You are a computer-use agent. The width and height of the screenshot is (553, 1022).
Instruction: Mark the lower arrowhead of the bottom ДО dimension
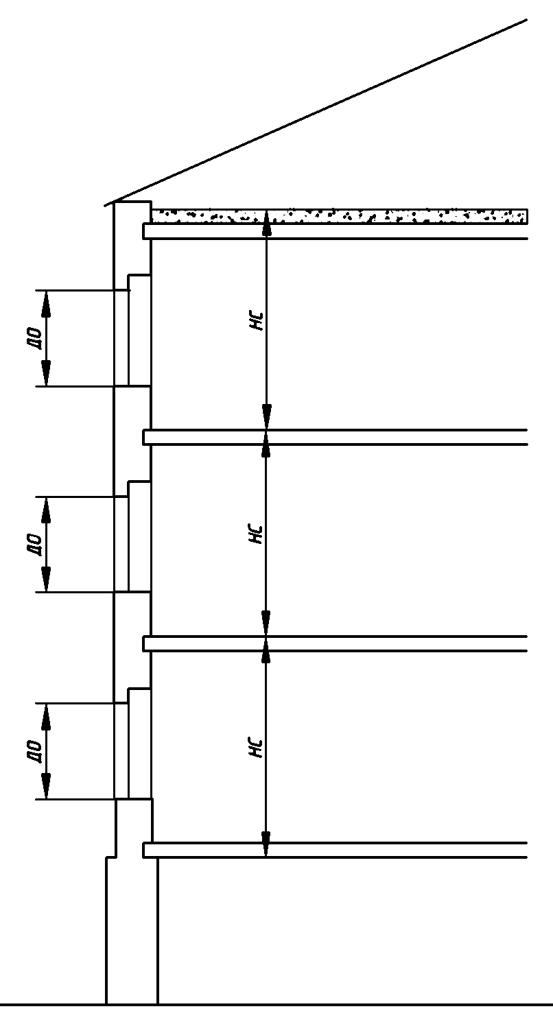[46, 788]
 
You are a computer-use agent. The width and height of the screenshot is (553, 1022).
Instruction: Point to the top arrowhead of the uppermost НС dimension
[267, 224]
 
